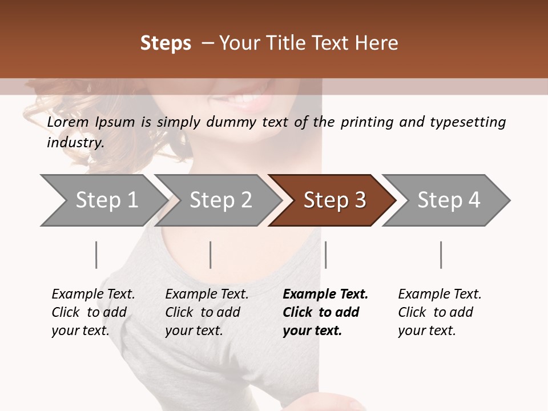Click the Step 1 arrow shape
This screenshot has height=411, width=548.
click(103, 200)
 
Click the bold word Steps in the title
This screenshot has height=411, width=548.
click(166, 43)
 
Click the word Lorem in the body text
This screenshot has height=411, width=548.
click(68, 122)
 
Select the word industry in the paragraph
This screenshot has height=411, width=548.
click(74, 143)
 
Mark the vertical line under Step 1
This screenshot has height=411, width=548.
click(96, 255)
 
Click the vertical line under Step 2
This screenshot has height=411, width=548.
click(211, 255)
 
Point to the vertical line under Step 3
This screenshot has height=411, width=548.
click(325, 255)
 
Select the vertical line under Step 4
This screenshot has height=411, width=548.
click(441, 255)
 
